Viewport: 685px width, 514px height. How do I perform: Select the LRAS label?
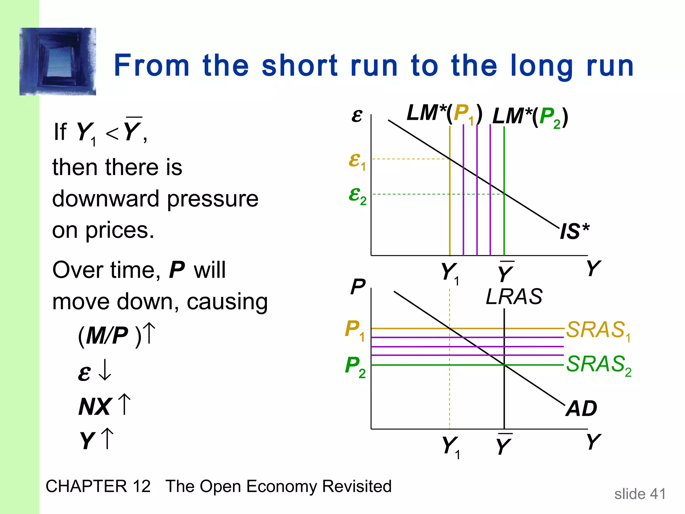point(514,296)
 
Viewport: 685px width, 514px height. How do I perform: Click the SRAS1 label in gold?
point(598,330)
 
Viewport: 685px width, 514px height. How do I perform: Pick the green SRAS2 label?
point(598,365)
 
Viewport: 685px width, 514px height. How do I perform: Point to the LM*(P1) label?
point(445,113)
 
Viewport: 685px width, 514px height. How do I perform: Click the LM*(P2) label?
point(530,117)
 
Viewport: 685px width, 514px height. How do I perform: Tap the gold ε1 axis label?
point(357,161)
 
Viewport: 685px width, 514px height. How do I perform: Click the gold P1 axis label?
point(355,330)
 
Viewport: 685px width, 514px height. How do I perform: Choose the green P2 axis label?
point(355,366)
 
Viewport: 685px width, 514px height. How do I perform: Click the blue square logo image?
point(58,62)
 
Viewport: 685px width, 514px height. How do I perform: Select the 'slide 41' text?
point(640,494)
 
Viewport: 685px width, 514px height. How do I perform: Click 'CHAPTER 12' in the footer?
point(98,486)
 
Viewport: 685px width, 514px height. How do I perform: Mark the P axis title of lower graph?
point(358,287)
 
